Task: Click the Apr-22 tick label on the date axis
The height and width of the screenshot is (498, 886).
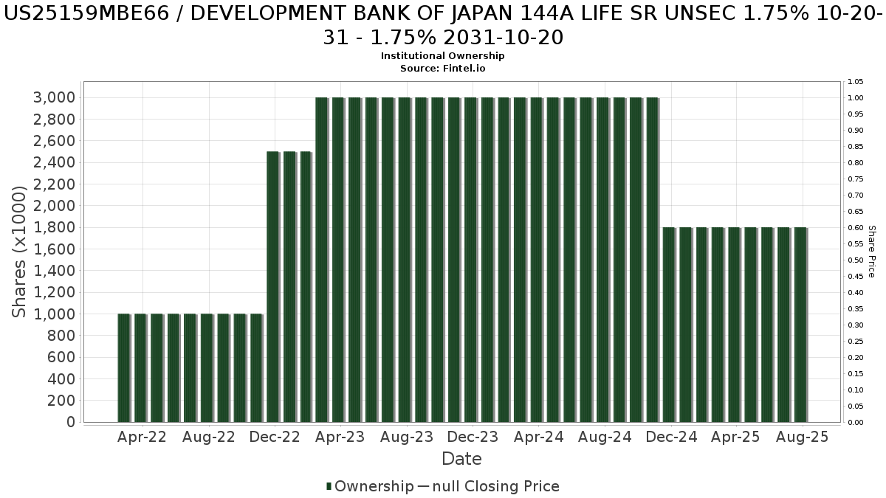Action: (x=142, y=437)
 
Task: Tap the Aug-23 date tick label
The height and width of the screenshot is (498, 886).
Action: (x=406, y=437)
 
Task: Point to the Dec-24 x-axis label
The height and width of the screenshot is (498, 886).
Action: (x=670, y=437)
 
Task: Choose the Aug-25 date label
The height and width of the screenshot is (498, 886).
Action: (x=803, y=437)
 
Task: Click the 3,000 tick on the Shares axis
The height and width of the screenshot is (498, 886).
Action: (x=53, y=97)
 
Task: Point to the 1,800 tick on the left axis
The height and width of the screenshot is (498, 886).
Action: (x=53, y=227)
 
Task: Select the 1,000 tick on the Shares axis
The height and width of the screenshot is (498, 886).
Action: (x=53, y=314)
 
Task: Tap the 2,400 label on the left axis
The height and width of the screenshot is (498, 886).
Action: (x=53, y=162)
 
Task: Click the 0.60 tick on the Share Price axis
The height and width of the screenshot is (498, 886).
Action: (x=856, y=228)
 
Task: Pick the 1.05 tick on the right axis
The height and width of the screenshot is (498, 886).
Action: (x=856, y=82)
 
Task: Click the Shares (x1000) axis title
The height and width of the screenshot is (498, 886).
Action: (x=20, y=252)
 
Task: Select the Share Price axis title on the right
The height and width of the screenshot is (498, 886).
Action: (x=871, y=252)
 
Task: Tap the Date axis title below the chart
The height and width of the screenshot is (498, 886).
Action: (x=461, y=459)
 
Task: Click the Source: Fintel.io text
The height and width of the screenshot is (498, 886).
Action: (x=442, y=68)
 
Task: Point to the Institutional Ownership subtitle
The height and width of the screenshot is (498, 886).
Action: (x=442, y=56)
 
